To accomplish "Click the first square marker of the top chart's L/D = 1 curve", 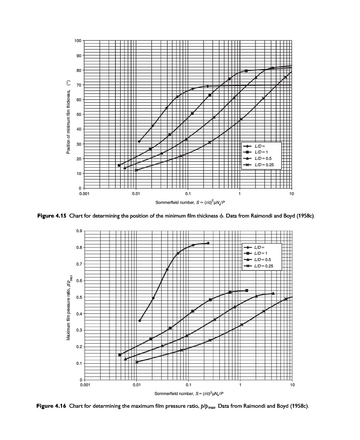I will click(x=119, y=165).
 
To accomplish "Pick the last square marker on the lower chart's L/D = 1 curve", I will click(x=247, y=290).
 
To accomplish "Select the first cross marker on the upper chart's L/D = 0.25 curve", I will click(x=137, y=170).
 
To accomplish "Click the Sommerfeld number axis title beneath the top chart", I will click(x=188, y=202).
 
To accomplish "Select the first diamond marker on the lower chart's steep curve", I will click(x=140, y=321).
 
